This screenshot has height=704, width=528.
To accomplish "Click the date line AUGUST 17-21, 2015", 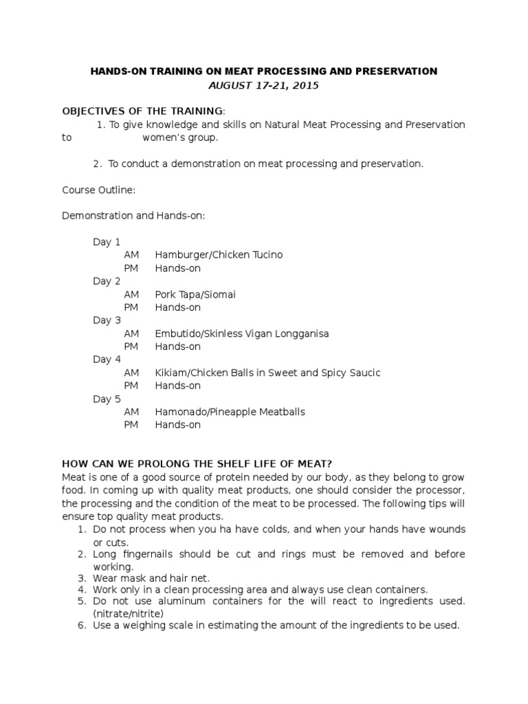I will (x=264, y=85).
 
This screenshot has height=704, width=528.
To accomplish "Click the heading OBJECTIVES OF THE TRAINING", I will (x=143, y=111).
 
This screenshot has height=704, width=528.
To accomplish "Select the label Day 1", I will (x=107, y=242).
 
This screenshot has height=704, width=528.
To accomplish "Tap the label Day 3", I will (x=107, y=320).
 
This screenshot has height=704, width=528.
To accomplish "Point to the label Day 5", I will (x=107, y=399).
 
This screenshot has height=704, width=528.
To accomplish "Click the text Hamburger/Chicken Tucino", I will (x=219, y=255).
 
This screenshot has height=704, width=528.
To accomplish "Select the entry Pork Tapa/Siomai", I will (x=195, y=294).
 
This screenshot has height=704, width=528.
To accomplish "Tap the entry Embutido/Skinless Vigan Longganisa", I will (x=242, y=333).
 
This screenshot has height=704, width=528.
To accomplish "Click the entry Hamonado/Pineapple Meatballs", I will (x=230, y=412).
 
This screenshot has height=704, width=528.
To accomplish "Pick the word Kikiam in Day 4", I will (x=170, y=373).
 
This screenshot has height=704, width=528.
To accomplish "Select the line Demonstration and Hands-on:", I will (x=133, y=216).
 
